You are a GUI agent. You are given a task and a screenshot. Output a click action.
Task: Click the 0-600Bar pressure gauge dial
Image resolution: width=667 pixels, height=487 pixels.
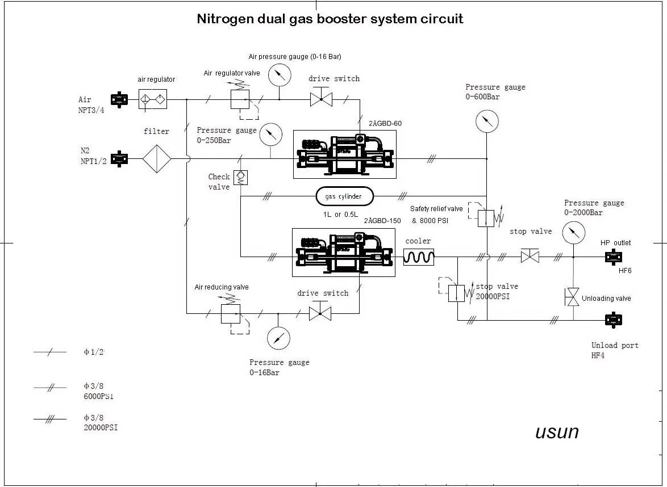pos(487,121)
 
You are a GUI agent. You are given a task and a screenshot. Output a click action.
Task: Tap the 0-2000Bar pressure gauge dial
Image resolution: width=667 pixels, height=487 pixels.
pos(573,232)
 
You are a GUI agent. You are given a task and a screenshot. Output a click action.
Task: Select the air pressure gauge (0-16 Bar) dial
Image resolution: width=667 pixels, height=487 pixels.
pos(279,75)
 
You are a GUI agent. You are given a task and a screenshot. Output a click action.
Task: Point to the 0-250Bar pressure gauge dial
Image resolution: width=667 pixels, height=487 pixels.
pos(270,134)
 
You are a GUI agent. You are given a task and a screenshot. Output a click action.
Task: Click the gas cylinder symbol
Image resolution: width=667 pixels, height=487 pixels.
pos(344,196)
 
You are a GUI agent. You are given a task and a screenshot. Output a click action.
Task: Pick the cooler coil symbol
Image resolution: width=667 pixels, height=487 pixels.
pos(419,257)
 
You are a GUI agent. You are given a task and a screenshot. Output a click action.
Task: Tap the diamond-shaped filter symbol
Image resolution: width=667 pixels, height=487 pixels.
pos(157,158)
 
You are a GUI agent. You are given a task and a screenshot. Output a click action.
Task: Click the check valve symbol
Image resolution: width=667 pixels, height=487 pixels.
pos(240,177)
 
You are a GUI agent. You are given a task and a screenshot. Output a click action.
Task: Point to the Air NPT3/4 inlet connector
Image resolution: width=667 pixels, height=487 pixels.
pos(119,99)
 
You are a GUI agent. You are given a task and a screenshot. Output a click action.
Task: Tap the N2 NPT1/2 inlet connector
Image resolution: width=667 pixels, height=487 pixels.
pos(119,158)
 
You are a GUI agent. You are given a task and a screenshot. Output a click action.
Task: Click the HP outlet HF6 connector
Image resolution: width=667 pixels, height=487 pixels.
pos(612,257)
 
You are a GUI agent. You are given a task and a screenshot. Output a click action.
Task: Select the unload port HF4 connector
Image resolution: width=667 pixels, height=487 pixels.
pos(612,321)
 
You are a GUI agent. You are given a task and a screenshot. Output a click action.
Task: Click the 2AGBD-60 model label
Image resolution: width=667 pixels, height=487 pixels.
pos(385,123)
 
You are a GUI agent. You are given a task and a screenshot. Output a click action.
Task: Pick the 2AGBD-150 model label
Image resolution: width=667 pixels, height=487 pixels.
pos(382,221)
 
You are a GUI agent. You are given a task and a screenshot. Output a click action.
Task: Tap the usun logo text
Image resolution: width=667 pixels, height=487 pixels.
pos(557,432)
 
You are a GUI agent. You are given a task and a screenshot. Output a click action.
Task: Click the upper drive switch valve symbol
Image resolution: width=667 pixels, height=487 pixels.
pos(321,100)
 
